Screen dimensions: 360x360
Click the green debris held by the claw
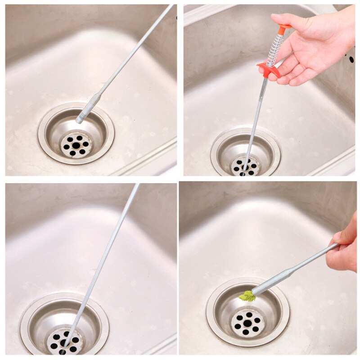(x=247, y=296)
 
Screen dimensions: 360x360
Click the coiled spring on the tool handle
(x=275, y=49)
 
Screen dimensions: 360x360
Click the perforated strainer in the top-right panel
(x=245, y=166)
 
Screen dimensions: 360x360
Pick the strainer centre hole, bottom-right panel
(x=247, y=323)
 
